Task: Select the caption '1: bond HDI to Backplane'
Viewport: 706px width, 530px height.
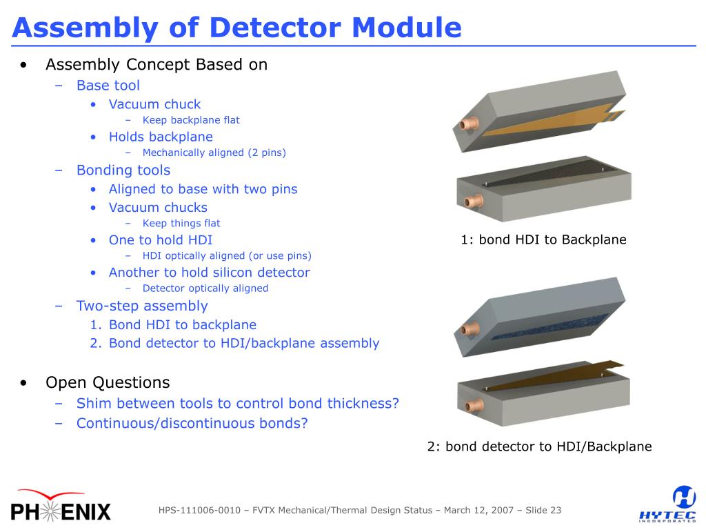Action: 543,240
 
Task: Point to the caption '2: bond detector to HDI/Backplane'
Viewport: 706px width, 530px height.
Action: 539,446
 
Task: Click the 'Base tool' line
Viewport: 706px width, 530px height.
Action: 108,86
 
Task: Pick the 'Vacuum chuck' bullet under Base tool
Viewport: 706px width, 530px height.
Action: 154,105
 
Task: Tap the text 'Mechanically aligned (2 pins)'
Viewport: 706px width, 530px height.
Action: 214,153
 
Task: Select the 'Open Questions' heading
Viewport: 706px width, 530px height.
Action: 108,382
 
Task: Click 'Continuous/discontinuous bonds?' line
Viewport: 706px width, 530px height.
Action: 192,423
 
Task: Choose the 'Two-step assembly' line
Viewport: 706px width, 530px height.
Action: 141,306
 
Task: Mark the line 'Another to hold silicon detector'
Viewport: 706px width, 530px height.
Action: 209,273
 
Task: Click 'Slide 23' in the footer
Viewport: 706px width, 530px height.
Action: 543,511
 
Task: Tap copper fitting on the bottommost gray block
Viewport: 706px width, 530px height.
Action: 471,407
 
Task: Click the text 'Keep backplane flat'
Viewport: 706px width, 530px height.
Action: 191,120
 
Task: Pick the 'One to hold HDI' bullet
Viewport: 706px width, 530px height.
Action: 160,240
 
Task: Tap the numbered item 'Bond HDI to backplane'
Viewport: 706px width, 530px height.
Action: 182,325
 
